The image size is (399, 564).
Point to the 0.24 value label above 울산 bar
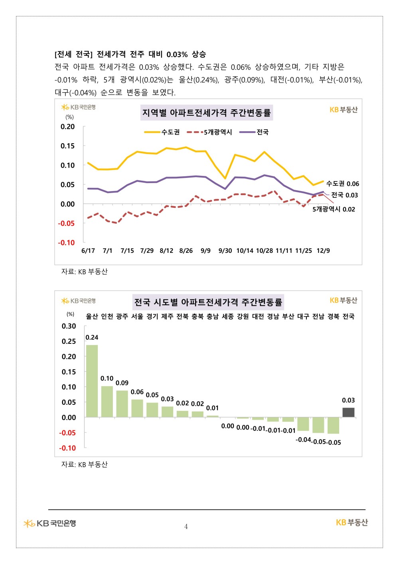(x=92, y=337)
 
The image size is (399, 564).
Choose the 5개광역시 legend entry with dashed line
(x=209, y=132)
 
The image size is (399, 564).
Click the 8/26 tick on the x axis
(x=186, y=250)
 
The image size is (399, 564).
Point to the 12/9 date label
(x=323, y=250)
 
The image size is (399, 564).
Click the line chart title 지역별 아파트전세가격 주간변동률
(x=207, y=112)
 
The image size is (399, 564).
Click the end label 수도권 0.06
(x=343, y=183)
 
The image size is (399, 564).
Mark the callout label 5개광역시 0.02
(x=334, y=209)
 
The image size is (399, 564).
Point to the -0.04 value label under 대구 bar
(x=303, y=440)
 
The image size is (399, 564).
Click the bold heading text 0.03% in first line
(x=177, y=54)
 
